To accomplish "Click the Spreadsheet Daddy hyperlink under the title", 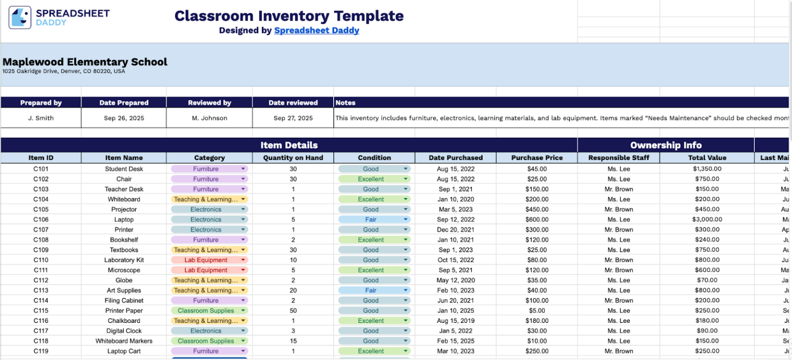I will tap(317, 30).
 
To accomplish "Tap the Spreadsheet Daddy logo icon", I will tap(20, 18).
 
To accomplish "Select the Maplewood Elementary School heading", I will tap(85, 62).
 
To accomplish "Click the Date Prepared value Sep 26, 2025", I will tap(124, 118).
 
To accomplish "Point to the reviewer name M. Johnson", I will tap(209, 118).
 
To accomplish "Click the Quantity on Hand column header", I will tap(292, 158).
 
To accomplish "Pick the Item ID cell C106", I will tap(41, 220).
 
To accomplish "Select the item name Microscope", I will tap(124, 270).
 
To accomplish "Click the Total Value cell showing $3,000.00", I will tap(707, 220).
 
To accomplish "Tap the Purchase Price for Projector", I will tap(537, 209).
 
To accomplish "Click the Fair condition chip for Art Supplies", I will tap(371, 290).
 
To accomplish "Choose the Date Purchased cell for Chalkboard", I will tap(456, 321).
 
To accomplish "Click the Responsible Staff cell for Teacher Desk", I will tap(618, 189).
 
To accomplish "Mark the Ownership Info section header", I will tap(666, 145).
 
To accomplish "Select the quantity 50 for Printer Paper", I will tap(293, 311).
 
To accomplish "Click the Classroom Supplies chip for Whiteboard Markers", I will tap(206, 341).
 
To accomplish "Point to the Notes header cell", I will tap(345, 103).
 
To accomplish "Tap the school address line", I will tap(63, 72).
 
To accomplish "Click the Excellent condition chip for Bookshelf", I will tap(371, 240).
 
